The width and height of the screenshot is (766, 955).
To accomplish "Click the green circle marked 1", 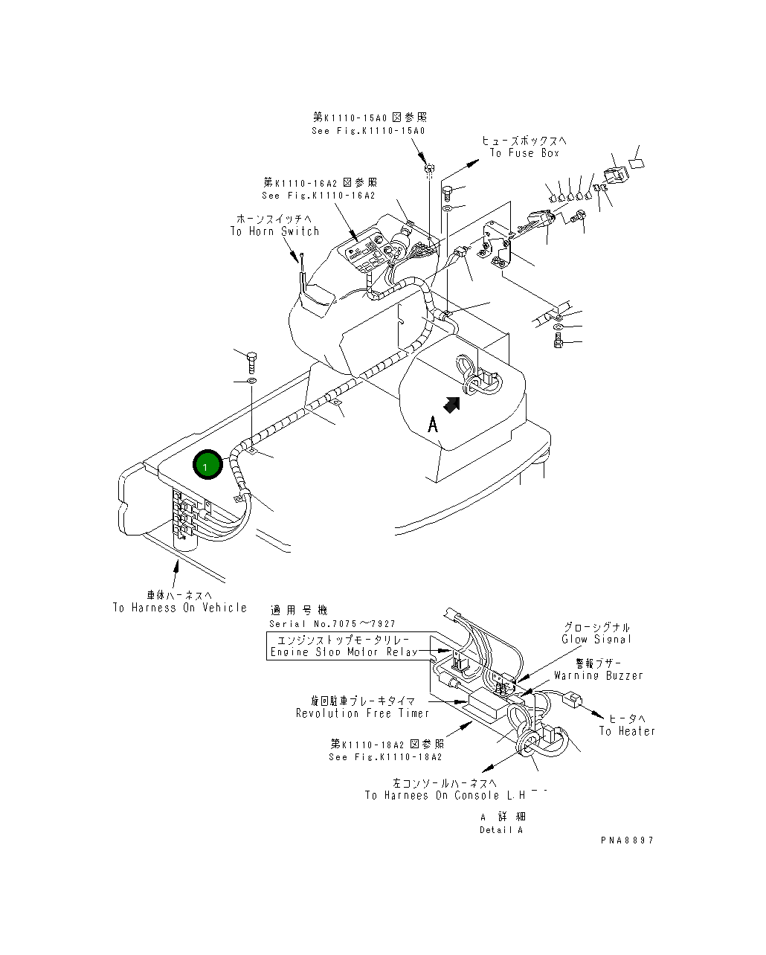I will pyautogui.click(x=207, y=466).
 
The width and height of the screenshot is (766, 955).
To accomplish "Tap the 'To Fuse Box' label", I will pyautogui.click(x=524, y=153).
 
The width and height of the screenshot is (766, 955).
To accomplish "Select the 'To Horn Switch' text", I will pyautogui.click(x=274, y=231).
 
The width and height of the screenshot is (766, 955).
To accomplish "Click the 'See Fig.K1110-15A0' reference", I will pyautogui.click(x=369, y=131).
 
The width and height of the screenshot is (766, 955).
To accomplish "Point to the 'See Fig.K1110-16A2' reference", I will pyautogui.click(x=318, y=196).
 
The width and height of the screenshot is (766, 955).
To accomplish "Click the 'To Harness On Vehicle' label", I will pyautogui.click(x=180, y=608).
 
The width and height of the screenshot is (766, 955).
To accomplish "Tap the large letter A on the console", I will pyautogui.click(x=433, y=425).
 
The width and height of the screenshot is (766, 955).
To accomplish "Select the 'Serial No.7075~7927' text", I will pyautogui.click(x=332, y=624).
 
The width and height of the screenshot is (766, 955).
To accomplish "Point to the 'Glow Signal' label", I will pyautogui.click(x=596, y=639).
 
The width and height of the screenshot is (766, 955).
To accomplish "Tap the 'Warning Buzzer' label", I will pyautogui.click(x=599, y=675).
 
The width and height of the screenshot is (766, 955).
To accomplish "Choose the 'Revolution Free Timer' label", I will pyautogui.click(x=363, y=713).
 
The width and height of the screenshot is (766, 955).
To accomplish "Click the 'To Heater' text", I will pyautogui.click(x=628, y=731).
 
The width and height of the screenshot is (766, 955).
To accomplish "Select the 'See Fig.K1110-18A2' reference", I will pyautogui.click(x=385, y=756).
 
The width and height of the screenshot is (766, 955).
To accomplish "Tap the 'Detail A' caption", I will pyautogui.click(x=501, y=829).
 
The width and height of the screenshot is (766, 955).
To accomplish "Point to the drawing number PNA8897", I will pyautogui.click(x=628, y=840).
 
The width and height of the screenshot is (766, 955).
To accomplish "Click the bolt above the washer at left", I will pyautogui.click(x=251, y=362).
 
